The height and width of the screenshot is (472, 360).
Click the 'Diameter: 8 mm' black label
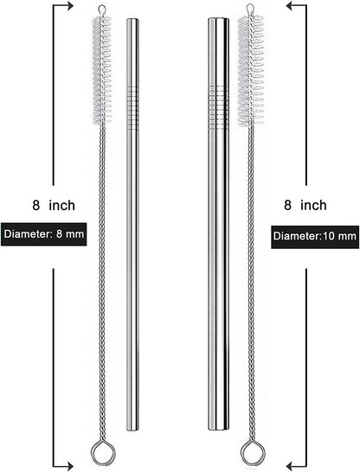43,234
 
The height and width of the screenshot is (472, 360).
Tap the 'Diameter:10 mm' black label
315,237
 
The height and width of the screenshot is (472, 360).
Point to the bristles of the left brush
102,70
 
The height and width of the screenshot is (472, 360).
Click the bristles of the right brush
251,71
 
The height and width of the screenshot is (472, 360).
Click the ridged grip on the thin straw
132,108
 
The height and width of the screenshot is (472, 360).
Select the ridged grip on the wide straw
218,107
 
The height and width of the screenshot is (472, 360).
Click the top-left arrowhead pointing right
70,5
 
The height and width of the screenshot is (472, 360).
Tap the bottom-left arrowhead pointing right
70,467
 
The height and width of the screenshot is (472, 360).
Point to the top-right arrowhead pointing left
290,5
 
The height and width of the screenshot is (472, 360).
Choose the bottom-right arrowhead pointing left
290,467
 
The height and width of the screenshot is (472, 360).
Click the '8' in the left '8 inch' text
36,205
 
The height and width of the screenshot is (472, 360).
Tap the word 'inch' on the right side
313,205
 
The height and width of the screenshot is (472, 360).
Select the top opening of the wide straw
218,19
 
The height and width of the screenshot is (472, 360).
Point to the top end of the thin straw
132,20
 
